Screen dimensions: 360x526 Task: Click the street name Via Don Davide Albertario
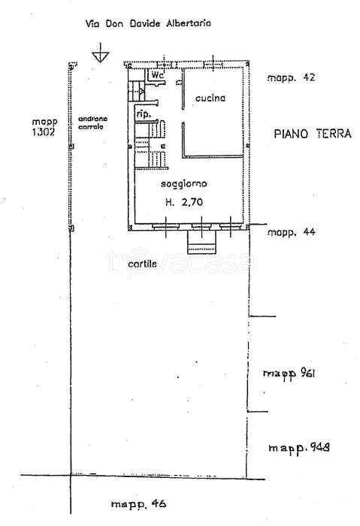148,23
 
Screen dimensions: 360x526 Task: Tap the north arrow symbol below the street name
100,53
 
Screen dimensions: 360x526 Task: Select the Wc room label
157,75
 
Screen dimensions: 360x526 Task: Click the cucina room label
210,98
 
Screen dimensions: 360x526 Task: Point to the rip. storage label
144,114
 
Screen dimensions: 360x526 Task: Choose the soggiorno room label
184,184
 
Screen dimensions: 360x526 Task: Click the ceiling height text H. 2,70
184,202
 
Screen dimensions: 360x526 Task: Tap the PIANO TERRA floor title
313,134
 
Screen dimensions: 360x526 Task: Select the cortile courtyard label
142,264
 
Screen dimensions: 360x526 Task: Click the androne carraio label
92,122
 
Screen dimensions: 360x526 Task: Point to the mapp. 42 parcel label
291,77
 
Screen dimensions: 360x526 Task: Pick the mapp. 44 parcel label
291,231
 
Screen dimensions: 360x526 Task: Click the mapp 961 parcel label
289,373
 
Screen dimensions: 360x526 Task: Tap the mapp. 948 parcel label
299,448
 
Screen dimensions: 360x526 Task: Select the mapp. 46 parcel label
138,504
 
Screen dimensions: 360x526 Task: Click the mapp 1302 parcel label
44,127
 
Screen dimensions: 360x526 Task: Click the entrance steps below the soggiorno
201,242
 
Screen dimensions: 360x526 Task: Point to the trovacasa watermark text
180,260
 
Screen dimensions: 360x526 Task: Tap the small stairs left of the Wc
136,91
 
